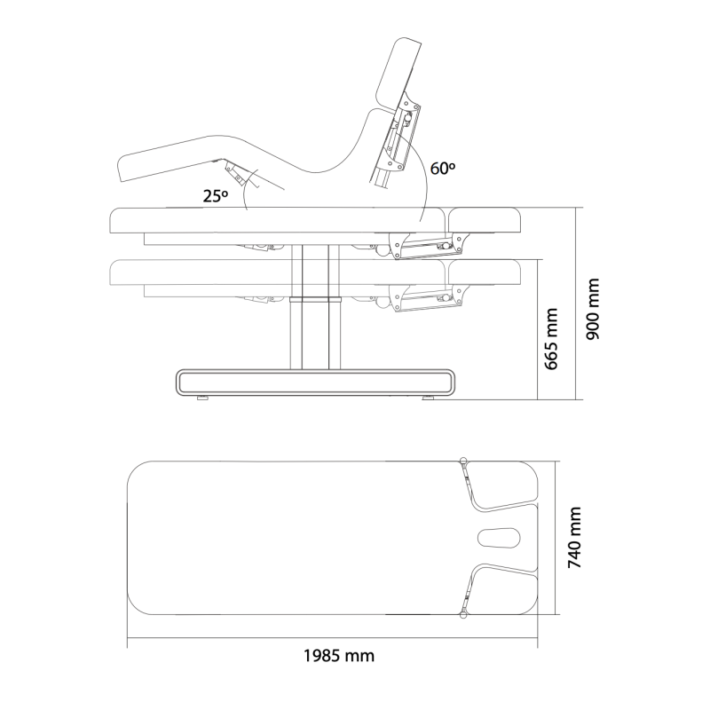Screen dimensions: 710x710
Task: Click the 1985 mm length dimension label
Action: pyautogui.click(x=339, y=656)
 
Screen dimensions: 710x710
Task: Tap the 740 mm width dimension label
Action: pyautogui.click(x=574, y=538)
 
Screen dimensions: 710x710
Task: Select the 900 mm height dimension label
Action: pyautogui.click(x=592, y=309)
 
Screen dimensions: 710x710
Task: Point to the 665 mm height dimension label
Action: pyautogui.click(x=550, y=339)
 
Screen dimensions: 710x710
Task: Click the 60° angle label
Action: pyautogui.click(x=443, y=169)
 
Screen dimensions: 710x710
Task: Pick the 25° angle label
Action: pyautogui.click(x=215, y=196)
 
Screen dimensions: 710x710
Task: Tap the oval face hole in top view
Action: pyautogui.click(x=499, y=538)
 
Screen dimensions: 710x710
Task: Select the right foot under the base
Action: pyautogui.click(x=428, y=398)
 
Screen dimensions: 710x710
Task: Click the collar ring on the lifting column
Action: pyautogui.click(x=315, y=299)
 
